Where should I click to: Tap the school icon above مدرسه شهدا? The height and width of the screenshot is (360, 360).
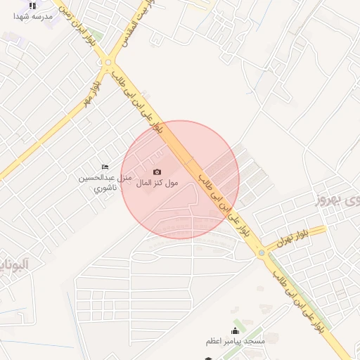32,5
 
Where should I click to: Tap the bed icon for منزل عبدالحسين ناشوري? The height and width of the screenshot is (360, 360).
105,167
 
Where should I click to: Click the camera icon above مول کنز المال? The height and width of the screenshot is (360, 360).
156,172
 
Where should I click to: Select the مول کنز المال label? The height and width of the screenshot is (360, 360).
156,183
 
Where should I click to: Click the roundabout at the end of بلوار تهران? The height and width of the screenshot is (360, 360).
262,252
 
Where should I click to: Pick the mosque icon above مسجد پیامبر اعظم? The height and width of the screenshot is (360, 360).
235,330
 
